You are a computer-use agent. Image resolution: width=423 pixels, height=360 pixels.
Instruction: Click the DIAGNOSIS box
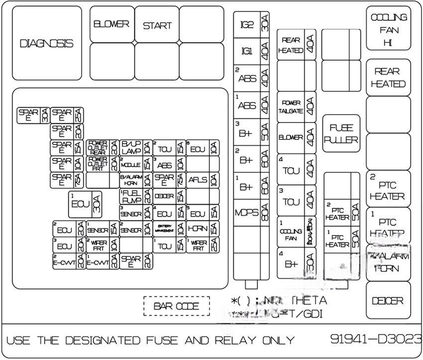(46, 43)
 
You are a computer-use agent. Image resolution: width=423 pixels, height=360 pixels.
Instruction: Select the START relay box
(157, 25)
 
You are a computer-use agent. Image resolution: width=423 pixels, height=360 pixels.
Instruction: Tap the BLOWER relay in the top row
(111, 24)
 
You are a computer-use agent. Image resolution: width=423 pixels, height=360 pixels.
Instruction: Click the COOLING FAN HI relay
(389, 29)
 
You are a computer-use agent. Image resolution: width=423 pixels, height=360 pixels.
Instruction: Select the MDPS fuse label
(246, 213)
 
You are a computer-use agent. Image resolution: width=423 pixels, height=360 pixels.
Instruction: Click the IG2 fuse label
(247, 24)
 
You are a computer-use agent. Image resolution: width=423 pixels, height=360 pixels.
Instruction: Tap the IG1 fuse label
(247, 51)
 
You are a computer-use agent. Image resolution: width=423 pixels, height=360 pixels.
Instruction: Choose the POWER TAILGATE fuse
(291, 107)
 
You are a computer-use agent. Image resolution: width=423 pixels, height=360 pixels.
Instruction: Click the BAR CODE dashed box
(176, 306)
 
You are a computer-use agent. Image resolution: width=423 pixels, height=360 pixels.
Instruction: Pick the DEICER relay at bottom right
(388, 300)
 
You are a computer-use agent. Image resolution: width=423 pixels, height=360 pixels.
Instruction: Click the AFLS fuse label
(198, 180)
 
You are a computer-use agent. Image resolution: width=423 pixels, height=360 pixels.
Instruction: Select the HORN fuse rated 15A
(198, 229)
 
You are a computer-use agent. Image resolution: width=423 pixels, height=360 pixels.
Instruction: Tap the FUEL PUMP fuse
(131, 196)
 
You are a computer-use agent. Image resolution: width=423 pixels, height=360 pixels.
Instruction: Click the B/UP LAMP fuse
(131, 148)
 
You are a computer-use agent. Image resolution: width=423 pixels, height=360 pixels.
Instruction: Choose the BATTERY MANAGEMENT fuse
(164, 229)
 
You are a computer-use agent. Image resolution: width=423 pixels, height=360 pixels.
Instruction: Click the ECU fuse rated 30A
(80, 204)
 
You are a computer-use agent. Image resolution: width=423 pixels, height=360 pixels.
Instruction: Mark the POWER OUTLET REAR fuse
(98, 148)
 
